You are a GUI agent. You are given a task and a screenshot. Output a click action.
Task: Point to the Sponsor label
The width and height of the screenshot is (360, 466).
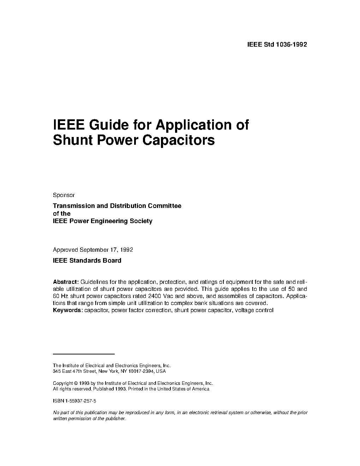[x=64, y=195]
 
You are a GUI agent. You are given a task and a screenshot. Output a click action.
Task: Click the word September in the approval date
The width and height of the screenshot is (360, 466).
[x=94, y=250]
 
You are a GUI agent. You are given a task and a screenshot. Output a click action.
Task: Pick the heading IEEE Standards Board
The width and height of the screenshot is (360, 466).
[x=87, y=261]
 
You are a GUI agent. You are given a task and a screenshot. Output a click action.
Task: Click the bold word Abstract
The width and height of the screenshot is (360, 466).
[x=65, y=282]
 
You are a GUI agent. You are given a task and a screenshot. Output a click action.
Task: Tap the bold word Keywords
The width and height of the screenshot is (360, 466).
[x=68, y=310]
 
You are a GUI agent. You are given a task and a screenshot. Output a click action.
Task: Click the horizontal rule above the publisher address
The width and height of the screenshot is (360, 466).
[x=84, y=354]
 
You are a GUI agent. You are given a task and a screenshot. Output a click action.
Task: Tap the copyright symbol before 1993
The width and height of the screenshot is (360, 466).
[x=76, y=383]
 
